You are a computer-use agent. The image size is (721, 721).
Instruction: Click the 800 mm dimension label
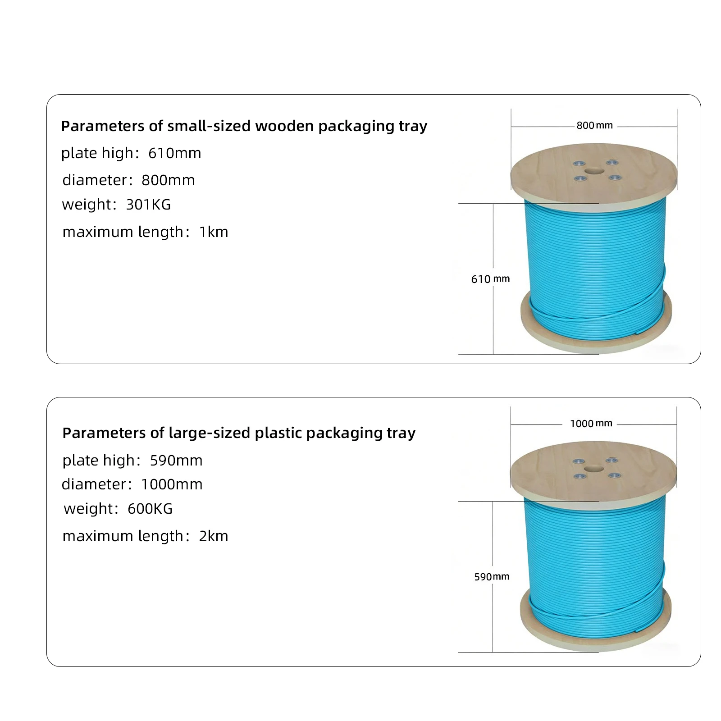(x=594, y=125)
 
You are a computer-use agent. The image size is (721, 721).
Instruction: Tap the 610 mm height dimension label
(x=490, y=279)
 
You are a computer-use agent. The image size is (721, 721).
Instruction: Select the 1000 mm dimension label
(x=591, y=423)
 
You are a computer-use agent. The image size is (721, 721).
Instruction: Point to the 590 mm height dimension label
(x=492, y=576)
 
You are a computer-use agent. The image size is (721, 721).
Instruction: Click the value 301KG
(x=148, y=205)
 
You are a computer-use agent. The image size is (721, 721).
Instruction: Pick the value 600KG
(x=150, y=508)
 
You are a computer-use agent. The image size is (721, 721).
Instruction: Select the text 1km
(x=214, y=232)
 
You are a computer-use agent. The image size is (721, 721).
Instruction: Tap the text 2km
(x=214, y=536)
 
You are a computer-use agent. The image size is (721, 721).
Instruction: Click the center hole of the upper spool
(x=594, y=172)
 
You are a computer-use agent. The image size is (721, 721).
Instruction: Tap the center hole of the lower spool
(x=594, y=469)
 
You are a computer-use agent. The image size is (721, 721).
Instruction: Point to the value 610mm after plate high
(x=175, y=153)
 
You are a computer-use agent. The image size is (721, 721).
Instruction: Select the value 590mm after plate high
(x=176, y=460)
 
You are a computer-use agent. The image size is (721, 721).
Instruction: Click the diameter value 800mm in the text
(x=168, y=180)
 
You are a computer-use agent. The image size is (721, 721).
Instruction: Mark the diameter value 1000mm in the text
(x=172, y=484)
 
